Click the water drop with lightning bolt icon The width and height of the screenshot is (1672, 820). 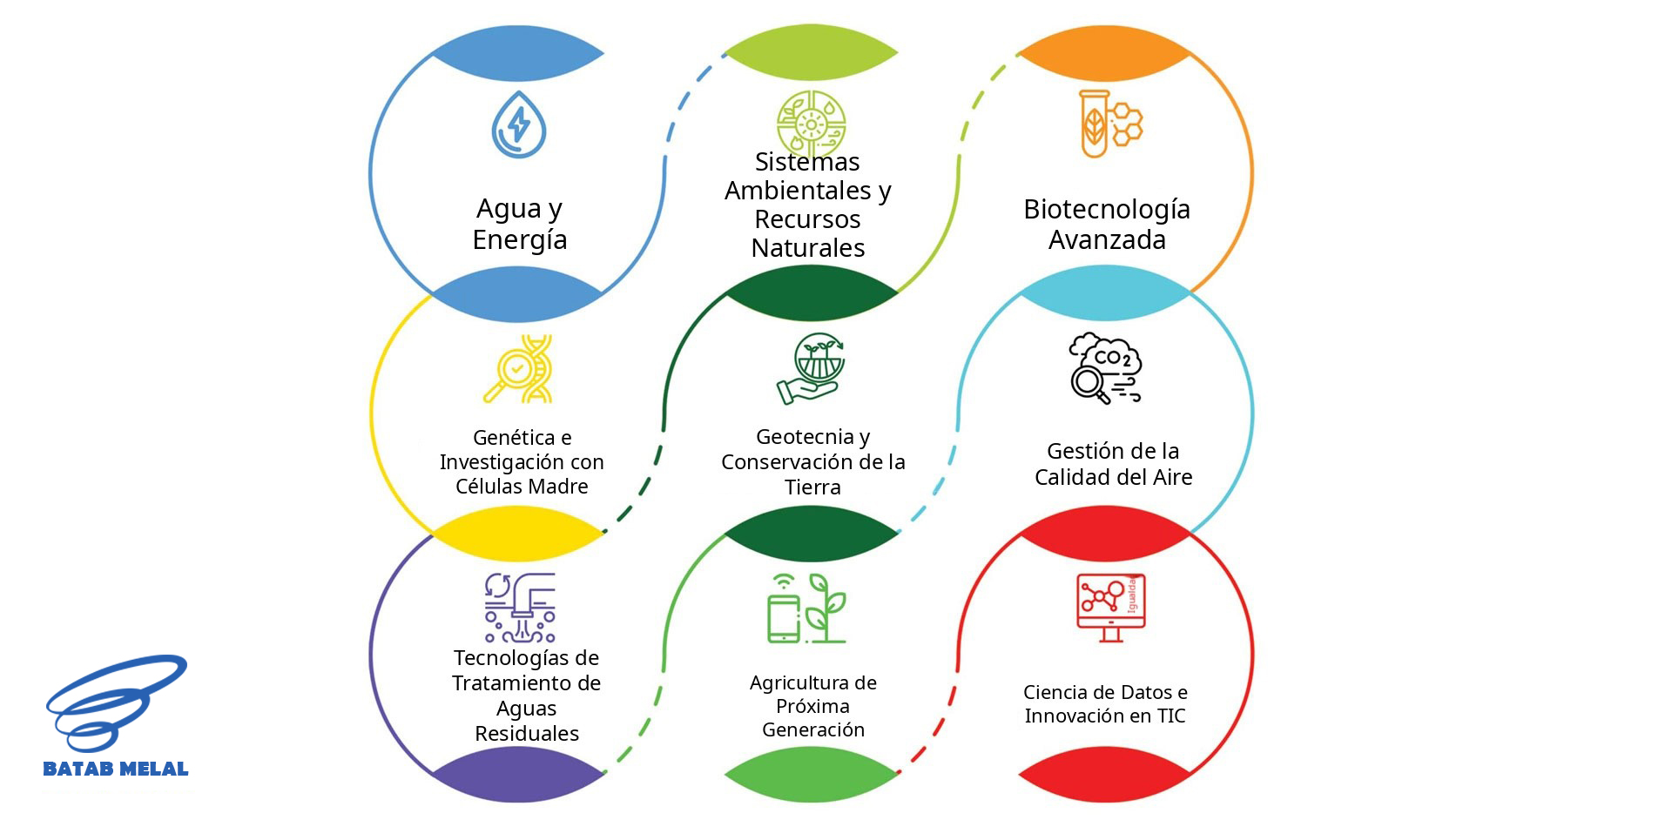pos(519,124)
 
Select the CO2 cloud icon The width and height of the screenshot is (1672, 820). pos(1105,368)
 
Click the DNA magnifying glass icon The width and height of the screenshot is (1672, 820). pos(518,368)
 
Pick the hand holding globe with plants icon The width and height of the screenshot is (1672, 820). pos(811,368)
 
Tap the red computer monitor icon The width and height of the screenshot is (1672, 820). pos(1110,608)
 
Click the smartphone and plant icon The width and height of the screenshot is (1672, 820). pos(806,608)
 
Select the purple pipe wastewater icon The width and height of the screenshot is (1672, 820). pos(520,608)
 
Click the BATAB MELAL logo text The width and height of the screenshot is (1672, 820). pos(116,769)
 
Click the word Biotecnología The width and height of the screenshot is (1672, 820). pos(1107,209)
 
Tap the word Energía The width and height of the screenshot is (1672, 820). pos(520,239)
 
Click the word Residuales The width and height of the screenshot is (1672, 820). pos(527,734)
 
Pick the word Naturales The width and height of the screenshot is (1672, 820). pos(808,248)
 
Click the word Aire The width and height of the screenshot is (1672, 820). pos(1172,477)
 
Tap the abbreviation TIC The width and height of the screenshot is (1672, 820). pos(1171,716)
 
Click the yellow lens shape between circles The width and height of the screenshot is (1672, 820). pos(519,533)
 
